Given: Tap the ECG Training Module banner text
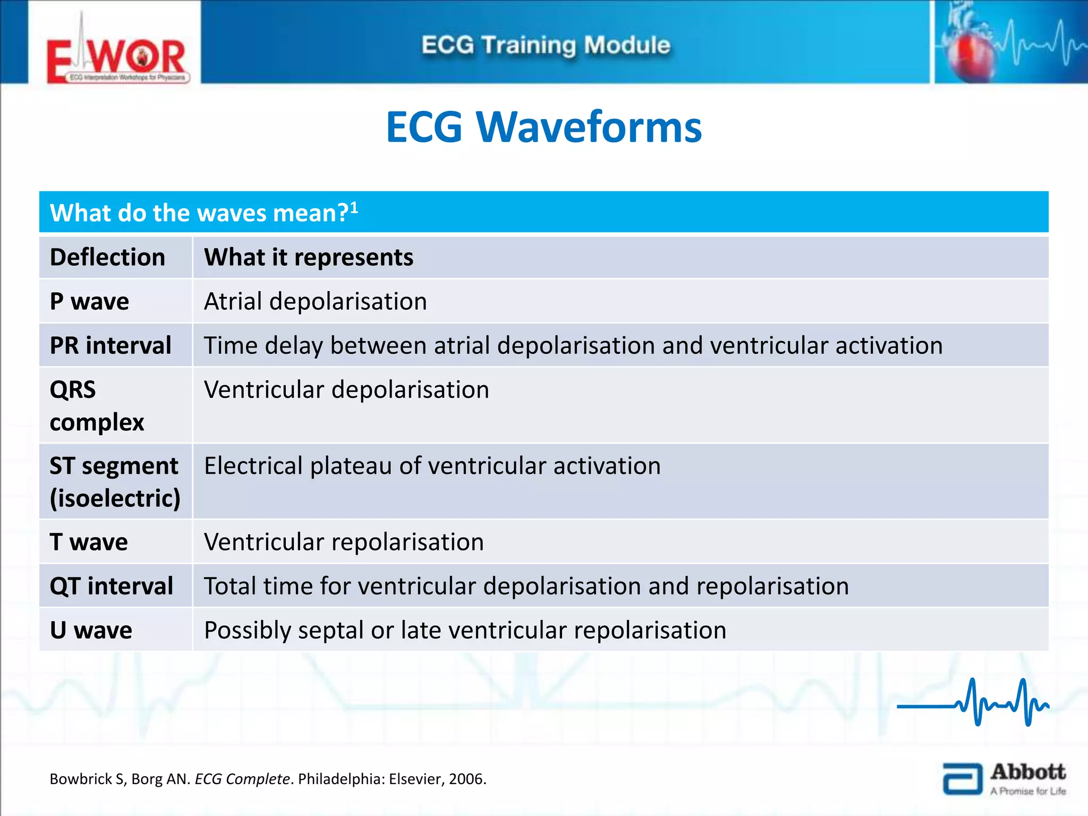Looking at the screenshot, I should click(546, 45).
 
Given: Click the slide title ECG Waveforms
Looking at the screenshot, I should click(543, 127).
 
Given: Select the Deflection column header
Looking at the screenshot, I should click(107, 258).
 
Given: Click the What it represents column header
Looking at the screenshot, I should click(308, 258).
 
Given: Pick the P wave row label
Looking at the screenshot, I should click(89, 302).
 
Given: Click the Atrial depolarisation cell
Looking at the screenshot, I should click(315, 302).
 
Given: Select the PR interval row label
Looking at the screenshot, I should click(110, 346).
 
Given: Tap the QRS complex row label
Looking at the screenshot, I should click(97, 406).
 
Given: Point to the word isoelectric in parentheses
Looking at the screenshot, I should click(115, 499).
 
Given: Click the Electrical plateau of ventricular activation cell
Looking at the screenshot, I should click(432, 466).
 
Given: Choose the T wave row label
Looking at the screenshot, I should click(89, 542).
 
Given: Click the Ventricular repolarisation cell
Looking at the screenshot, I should click(344, 542).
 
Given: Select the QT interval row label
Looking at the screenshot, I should click(111, 586).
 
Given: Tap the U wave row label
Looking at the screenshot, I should click(91, 631).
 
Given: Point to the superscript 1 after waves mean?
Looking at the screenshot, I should click(354, 207).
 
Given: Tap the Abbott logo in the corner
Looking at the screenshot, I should click(1004, 778).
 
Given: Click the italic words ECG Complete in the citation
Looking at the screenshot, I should click(242, 779).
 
